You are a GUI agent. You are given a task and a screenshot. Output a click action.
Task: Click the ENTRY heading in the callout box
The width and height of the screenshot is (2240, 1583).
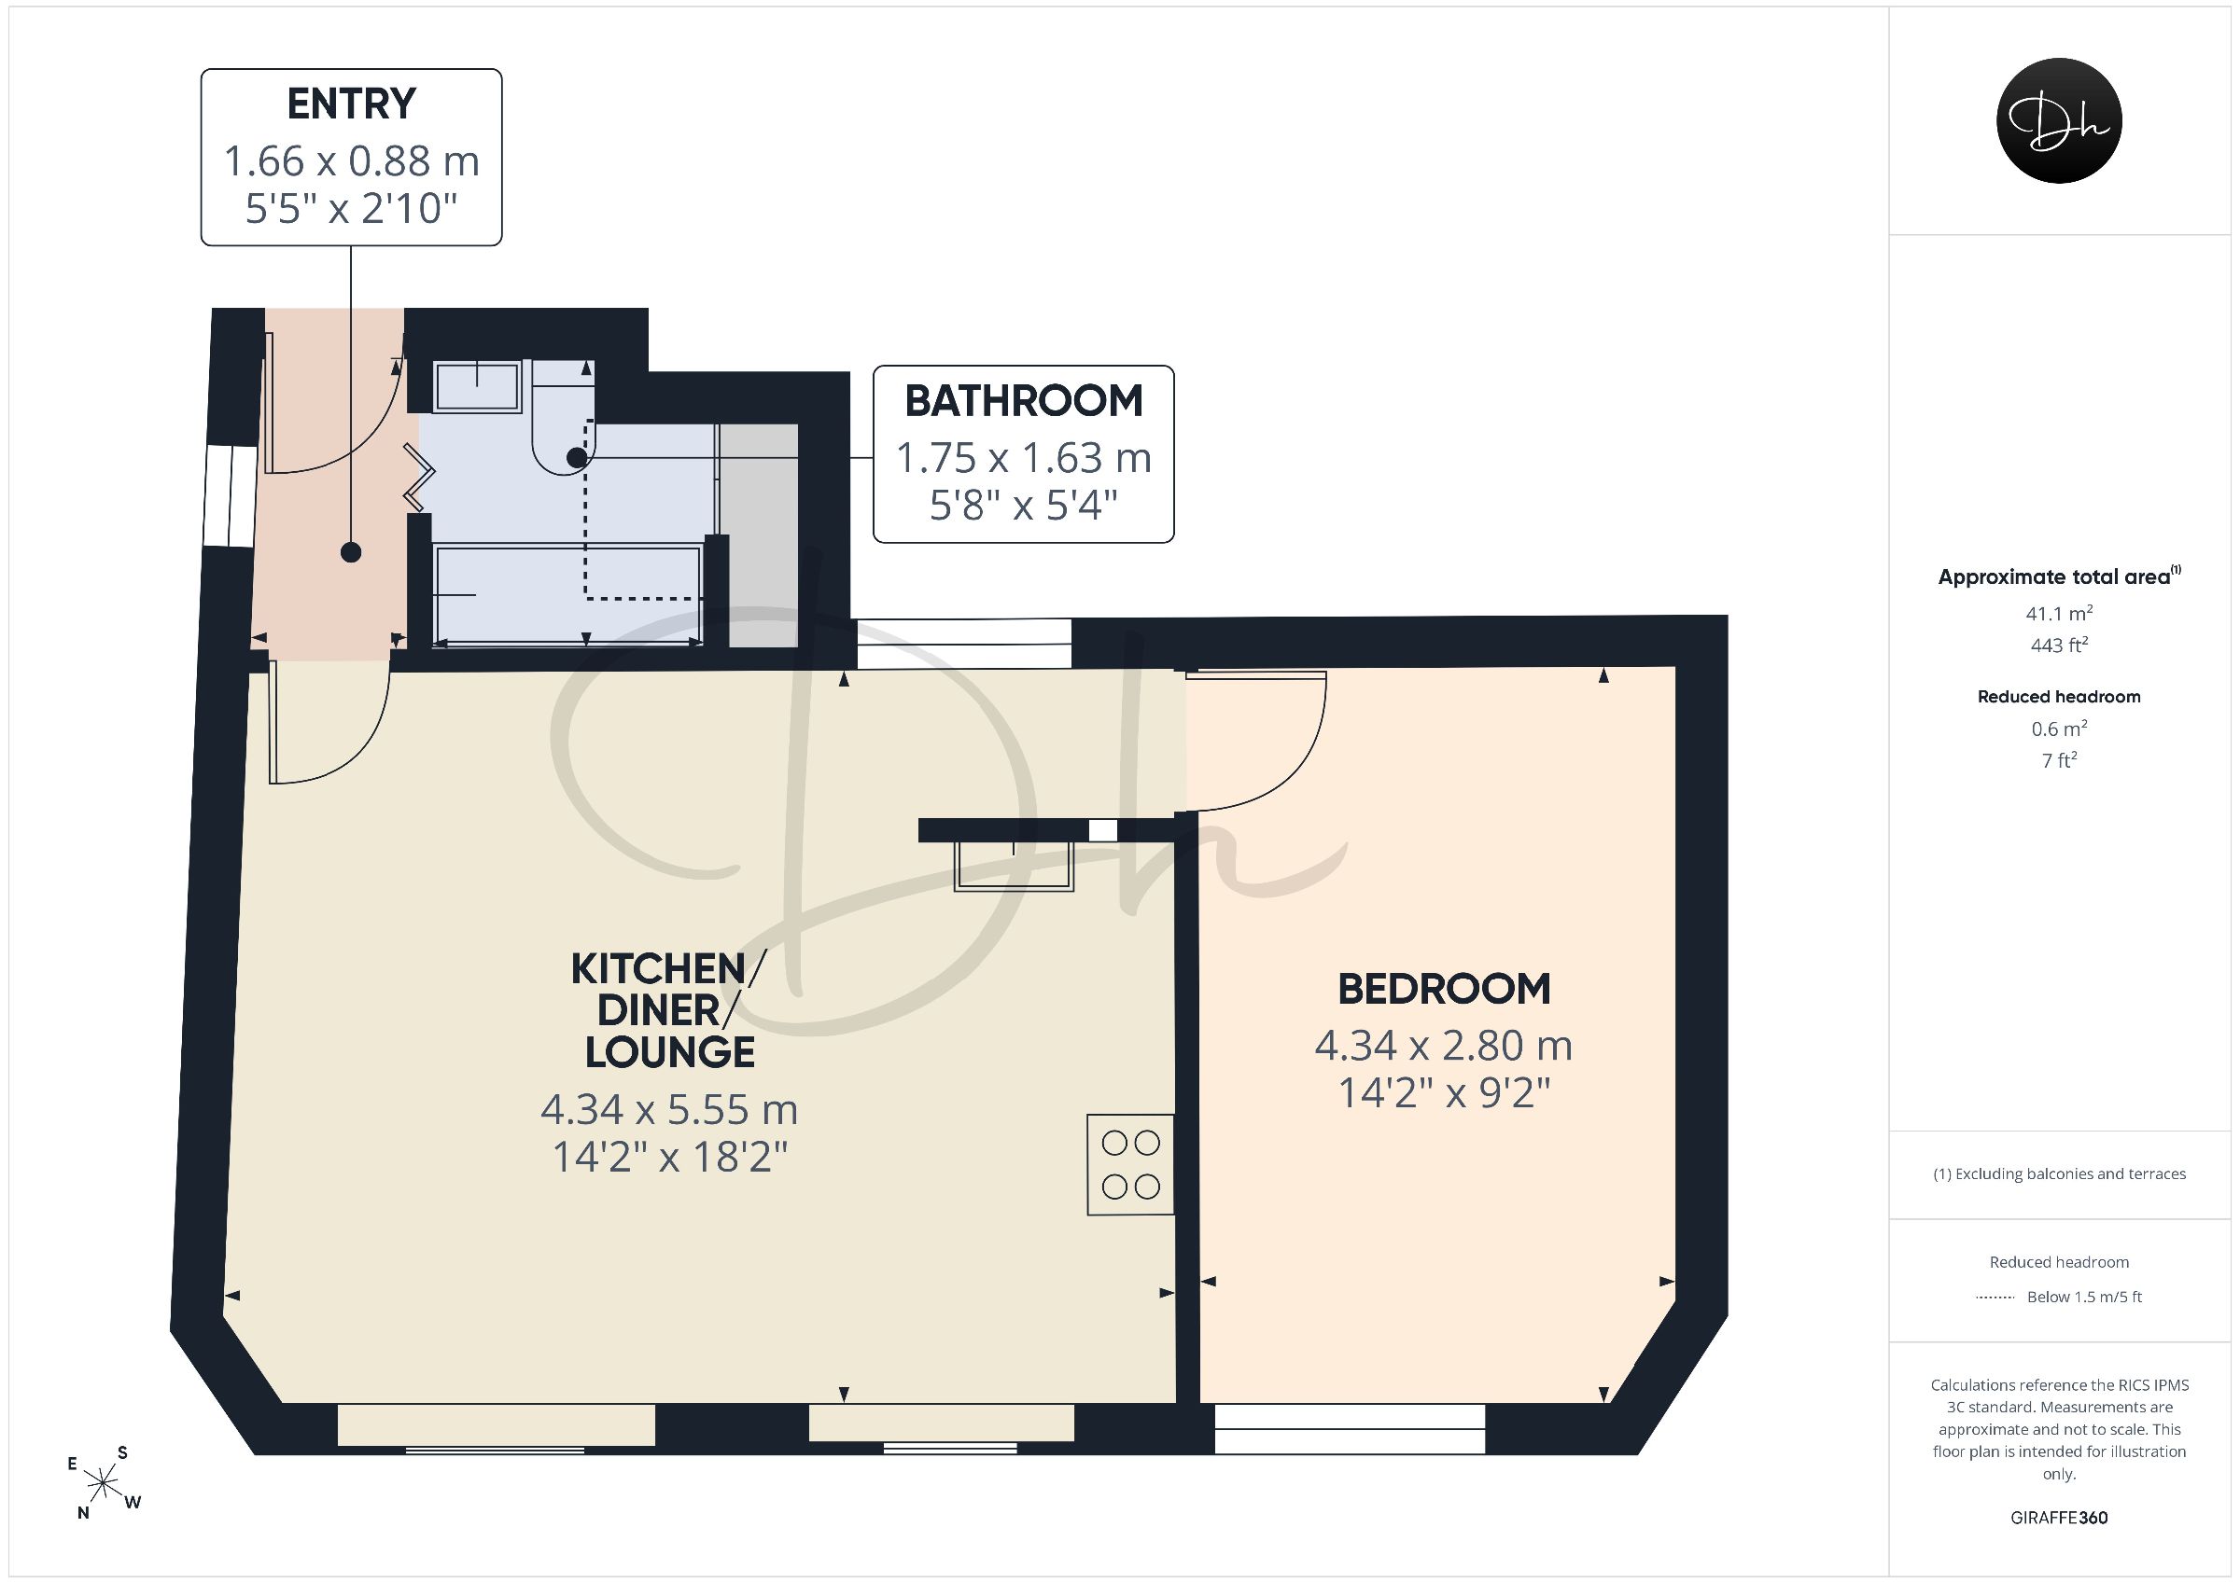click(x=351, y=104)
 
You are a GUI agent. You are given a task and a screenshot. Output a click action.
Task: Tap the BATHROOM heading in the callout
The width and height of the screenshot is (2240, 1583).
click(x=1024, y=401)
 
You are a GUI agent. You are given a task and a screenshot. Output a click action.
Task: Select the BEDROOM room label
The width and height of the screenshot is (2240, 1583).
click(x=1444, y=989)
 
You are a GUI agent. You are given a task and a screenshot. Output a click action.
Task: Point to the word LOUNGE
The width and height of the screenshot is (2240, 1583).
click(x=670, y=1052)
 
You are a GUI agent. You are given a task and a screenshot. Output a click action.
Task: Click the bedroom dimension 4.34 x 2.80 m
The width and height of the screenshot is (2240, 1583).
click(x=1444, y=1046)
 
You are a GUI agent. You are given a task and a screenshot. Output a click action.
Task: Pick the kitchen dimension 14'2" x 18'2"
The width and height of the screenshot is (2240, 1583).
click(x=670, y=1158)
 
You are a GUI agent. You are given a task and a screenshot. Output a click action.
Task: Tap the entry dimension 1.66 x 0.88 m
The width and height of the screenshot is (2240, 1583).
click(x=351, y=161)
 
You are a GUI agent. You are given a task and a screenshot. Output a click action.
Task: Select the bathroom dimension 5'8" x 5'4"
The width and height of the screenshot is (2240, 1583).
click(x=1024, y=506)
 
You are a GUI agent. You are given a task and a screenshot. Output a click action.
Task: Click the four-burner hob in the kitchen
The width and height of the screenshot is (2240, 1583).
click(x=1130, y=1164)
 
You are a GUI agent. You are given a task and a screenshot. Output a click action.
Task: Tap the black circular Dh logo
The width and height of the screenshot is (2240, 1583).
click(x=2060, y=120)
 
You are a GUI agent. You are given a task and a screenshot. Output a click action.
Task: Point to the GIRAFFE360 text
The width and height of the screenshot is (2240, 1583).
click(x=2060, y=1518)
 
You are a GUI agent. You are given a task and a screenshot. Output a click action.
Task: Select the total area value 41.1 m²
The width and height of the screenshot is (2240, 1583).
click(x=2060, y=614)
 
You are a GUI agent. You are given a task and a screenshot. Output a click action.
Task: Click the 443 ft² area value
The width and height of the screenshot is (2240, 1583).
click(x=2060, y=645)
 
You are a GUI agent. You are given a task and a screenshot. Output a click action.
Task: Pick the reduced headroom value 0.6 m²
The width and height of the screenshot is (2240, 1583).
click(x=2060, y=729)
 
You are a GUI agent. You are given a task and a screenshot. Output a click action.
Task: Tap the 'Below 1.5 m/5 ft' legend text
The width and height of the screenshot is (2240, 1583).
click(x=2085, y=1298)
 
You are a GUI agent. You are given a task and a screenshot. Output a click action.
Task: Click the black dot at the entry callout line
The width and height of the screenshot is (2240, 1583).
click(x=351, y=552)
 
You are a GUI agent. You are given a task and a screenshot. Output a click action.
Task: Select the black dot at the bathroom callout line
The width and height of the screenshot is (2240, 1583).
click(x=577, y=457)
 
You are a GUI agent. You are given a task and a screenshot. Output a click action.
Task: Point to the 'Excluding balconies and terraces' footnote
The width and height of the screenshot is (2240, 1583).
click(x=2060, y=1174)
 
